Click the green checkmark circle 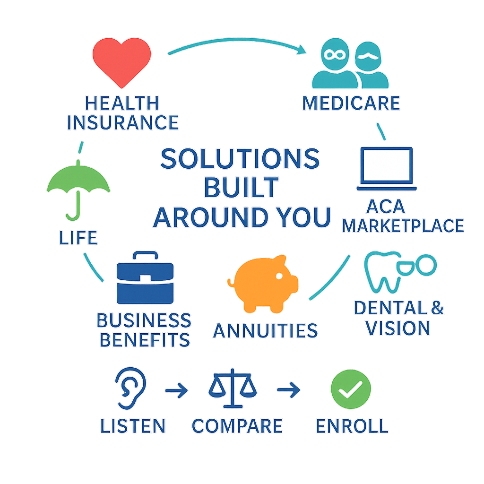[x=351, y=388]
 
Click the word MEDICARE [x=351, y=103]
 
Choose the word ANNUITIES [x=265, y=330]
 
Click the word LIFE [x=78, y=238]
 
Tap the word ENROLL [x=351, y=426]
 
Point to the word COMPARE [x=237, y=426]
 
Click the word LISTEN [x=133, y=426]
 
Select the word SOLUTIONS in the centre [x=240, y=159]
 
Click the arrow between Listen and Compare [x=177, y=391]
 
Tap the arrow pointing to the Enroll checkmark [x=288, y=390]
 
